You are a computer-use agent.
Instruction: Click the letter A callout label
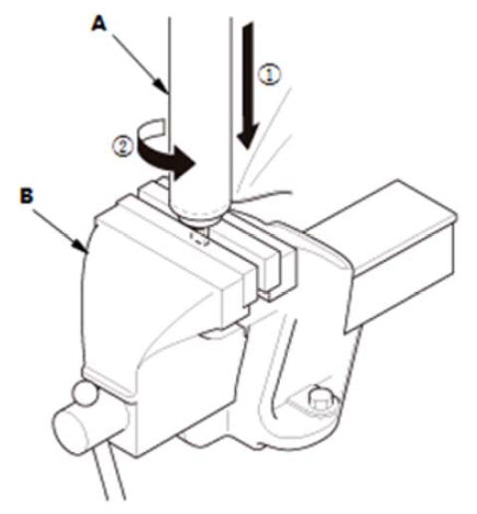pyautogui.click(x=100, y=24)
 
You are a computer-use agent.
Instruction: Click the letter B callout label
pyautogui.click(x=27, y=195)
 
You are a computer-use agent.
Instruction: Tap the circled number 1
pyautogui.click(x=269, y=75)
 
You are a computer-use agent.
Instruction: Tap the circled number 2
pyautogui.click(x=123, y=146)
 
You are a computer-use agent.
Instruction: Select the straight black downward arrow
pyautogui.click(x=248, y=86)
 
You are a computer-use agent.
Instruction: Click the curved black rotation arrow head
pyautogui.click(x=182, y=163)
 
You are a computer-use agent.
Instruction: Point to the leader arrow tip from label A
pyautogui.click(x=166, y=93)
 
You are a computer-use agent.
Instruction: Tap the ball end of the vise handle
pyautogui.click(x=86, y=393)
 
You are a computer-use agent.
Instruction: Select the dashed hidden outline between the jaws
pyautogui.click(x=199, y=237)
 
